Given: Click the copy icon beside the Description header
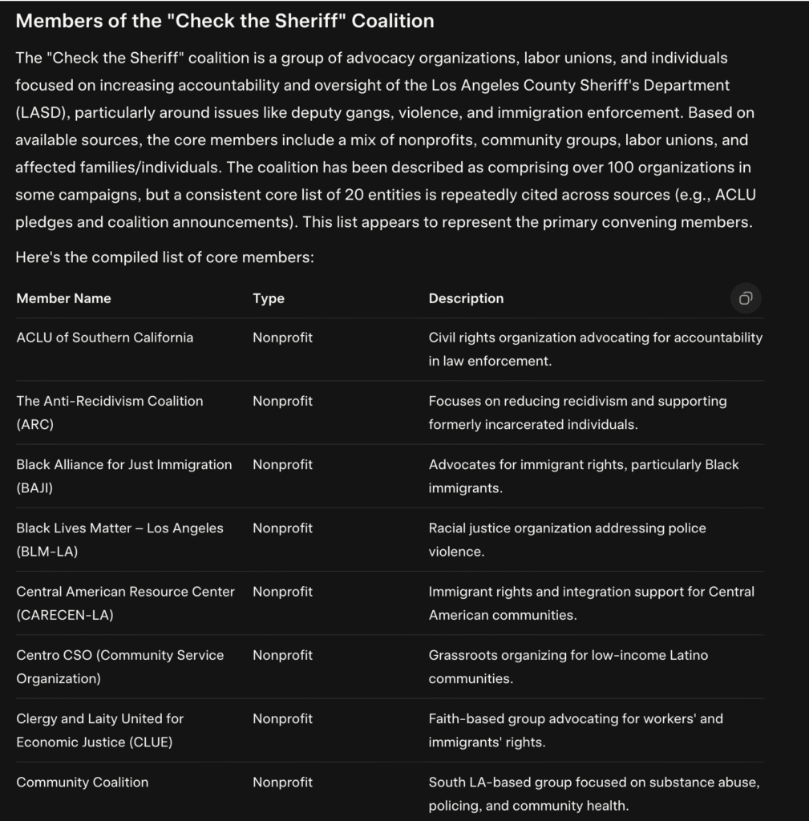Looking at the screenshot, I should [746, 298].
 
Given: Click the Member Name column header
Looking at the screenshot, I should [63, 298].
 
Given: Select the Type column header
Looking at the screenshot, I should [269, 298].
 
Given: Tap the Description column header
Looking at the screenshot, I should [466, 298].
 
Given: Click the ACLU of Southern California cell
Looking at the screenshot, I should [104, 338].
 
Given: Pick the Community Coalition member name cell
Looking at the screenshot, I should [82, 782].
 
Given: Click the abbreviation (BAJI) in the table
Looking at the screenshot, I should [34, 488].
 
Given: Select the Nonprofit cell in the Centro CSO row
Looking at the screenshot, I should [282, 655].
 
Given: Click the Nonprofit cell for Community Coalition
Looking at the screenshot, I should [282, 782].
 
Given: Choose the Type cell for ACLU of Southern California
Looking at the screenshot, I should [282, 338].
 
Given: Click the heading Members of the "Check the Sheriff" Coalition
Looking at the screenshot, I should [224, 21].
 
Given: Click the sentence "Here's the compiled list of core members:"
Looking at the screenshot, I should [164, 257].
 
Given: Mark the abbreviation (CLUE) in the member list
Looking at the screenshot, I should [150, 742].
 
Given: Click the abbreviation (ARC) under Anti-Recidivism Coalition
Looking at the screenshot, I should [34, 425].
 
